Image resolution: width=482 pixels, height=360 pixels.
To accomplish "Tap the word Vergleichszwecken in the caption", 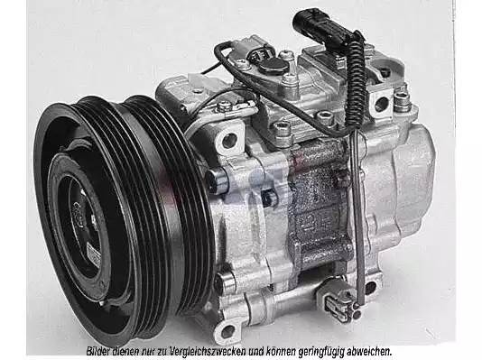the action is [x=205, y=351].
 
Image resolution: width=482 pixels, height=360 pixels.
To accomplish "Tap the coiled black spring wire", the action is [x=356, y=80].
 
